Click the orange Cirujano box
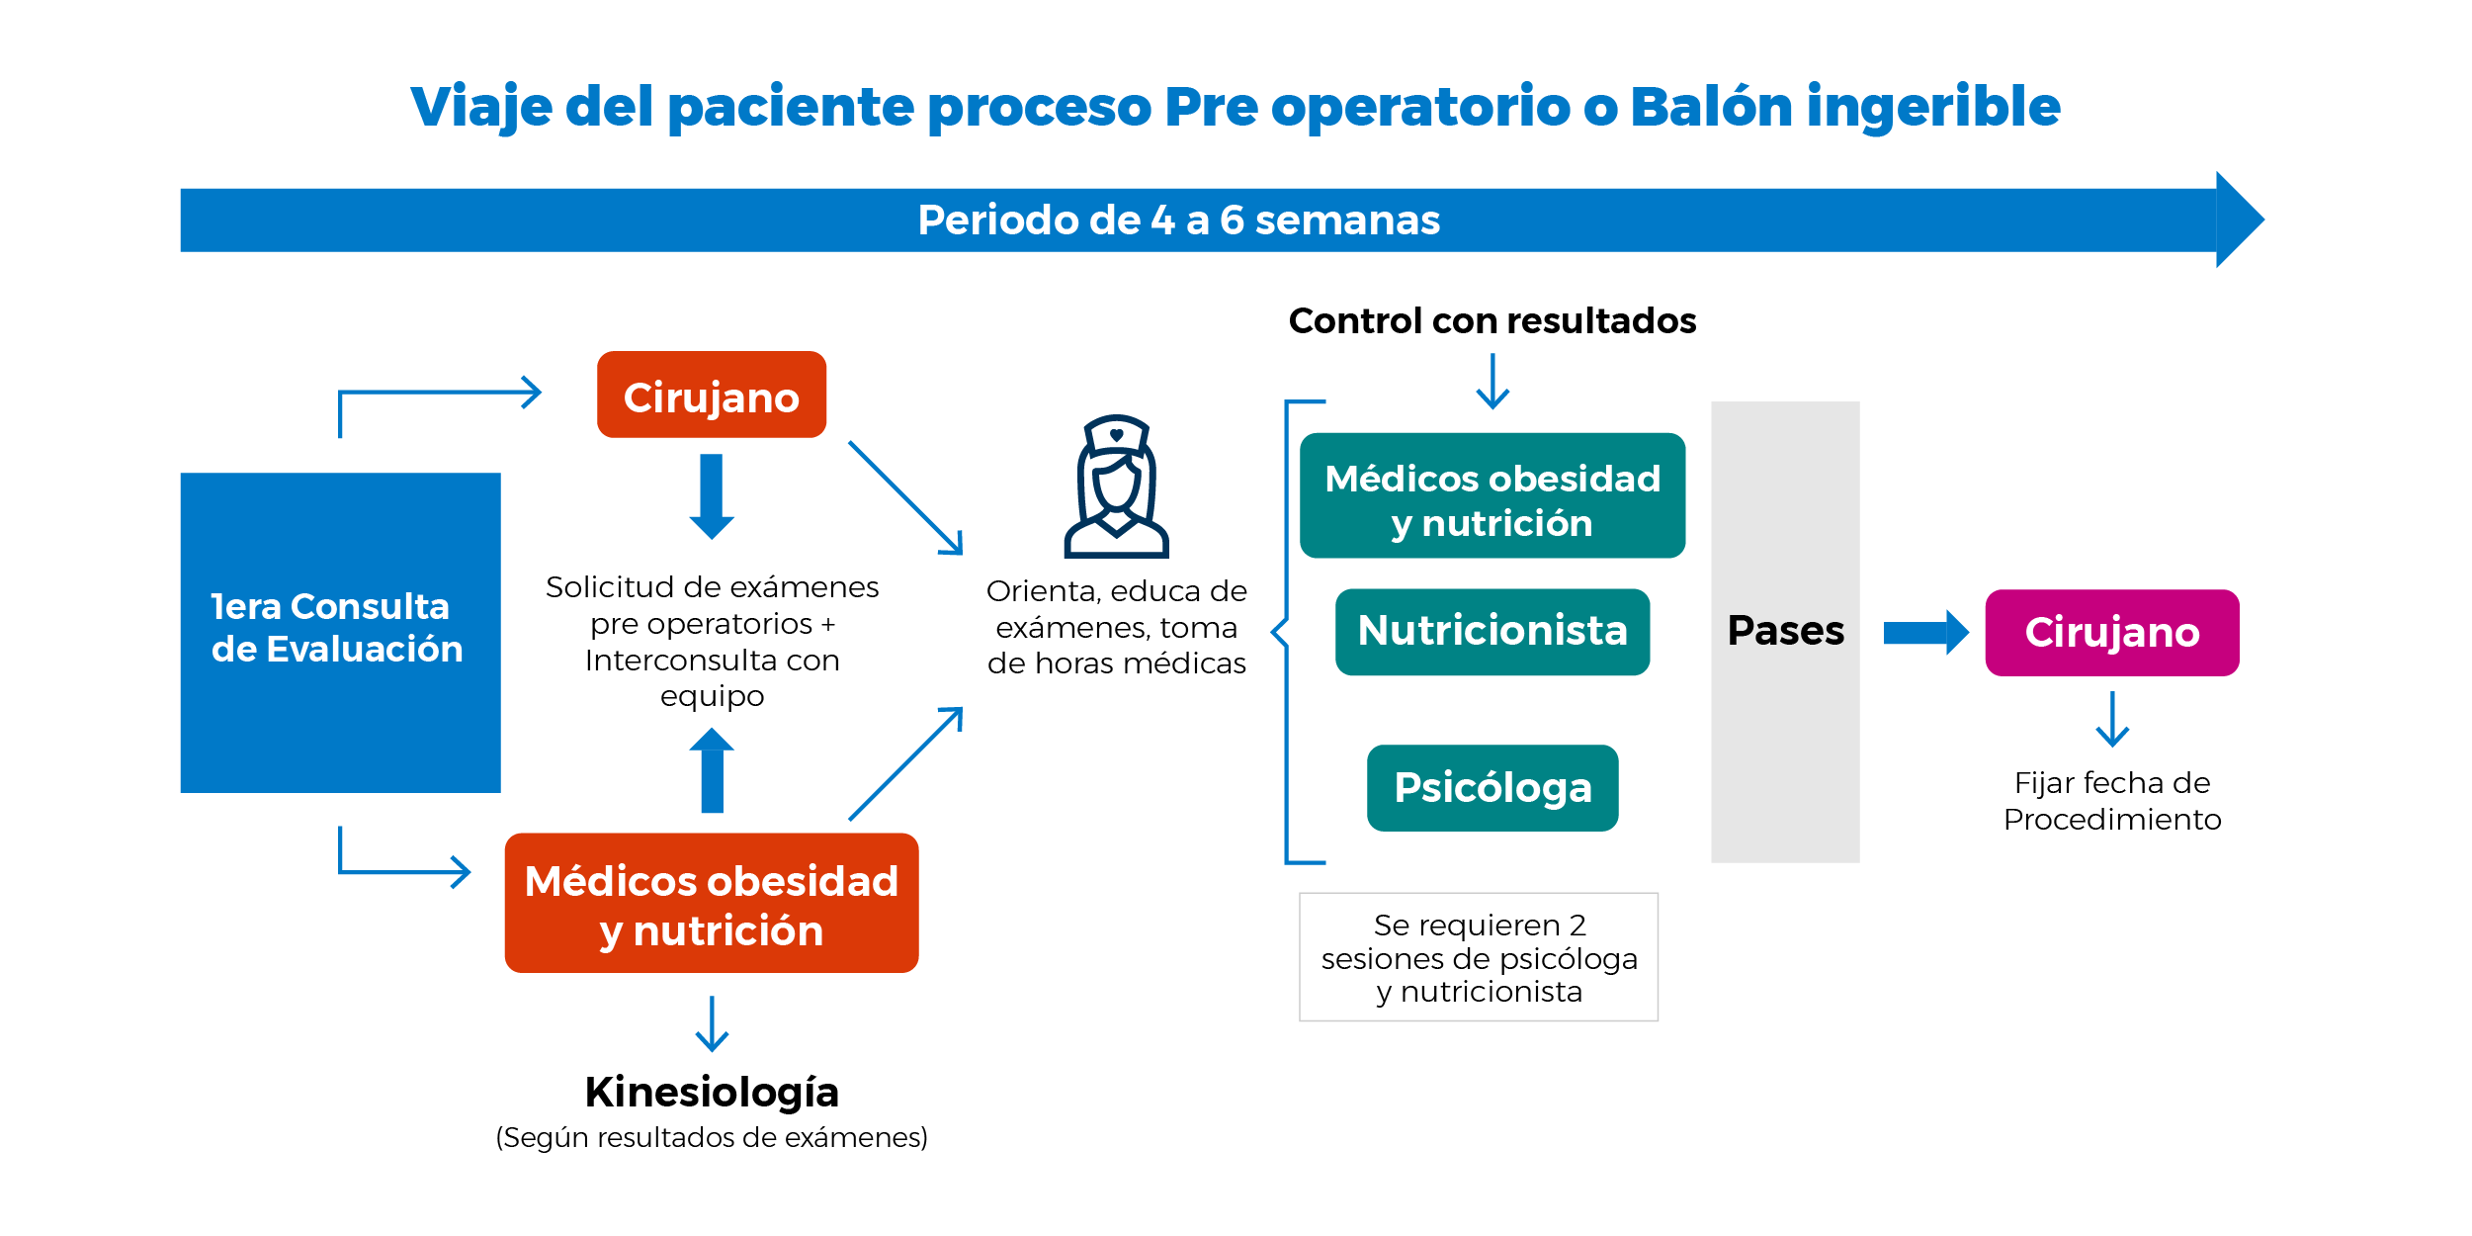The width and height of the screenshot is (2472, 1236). pyautogui.click(x=712, y=395)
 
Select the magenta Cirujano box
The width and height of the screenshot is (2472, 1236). pyautogui.click(x=2112, y=633)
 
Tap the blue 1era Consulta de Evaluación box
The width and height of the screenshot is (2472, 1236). pyautogui.click(x=341, y=633)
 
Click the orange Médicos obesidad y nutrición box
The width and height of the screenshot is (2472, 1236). pyautogui.click(x=712, y=903)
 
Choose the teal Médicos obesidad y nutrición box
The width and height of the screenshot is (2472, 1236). pyautogui.click(x=1492, y=495)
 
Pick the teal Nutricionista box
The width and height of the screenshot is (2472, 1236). pyautogui.click(x=1492, y=632)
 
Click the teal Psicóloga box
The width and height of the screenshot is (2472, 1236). pyautogui.click(x=1492, y=788)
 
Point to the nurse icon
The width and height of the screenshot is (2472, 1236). pyautogui.click(x=1117, y=486)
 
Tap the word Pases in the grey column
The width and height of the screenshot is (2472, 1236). pyautogui.click(x=1786, y=631)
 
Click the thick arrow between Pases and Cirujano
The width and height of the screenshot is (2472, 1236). pyautogui.click(x=1926, y=633)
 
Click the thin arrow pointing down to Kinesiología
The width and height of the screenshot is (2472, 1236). pyautogui.click(x=712, y=1023)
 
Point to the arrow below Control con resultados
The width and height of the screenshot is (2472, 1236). pyautogui.click(x=1492, y=382)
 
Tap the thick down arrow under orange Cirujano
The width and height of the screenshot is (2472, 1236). pyautogui.click(x=712, y=496)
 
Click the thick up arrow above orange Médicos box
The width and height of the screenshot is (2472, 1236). pyautogui.click(x=712, y=770)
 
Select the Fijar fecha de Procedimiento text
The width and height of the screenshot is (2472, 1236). pyautogui.click(x=2112, y=801)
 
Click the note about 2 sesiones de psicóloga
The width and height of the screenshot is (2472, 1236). pyautogui.click(x=1479, y=957)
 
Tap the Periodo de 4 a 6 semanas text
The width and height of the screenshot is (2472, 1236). pyautogui.click(x=1179, y=221)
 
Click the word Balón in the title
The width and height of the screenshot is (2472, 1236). pyautogui.click(x=1711, y=106)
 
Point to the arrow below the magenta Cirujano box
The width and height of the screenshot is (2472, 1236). pyautogui.click(x=2112, y=719)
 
